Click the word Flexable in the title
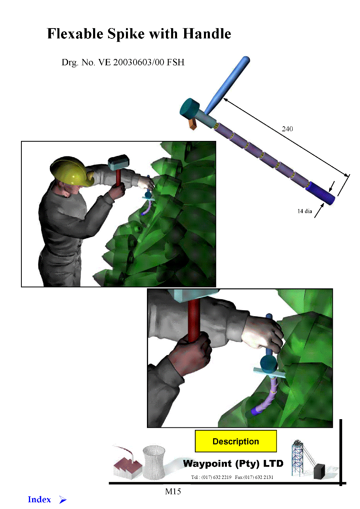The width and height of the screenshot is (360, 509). pyautogui.click(x=75, y=34)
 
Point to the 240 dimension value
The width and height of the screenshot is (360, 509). pyautogui.click(x=287, y=129)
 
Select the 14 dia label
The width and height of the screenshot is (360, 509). pyautogui.click(x=305, y=211)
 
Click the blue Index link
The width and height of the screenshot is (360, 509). pyautogui.click(x=39, y=500)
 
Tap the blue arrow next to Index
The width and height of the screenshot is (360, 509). pyautogui.click(x=63, y=500)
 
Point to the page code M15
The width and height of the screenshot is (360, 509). pyautogui.click(x=173, y=492)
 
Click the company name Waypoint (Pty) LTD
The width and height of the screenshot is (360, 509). pyautogui.click(x=233, y=463)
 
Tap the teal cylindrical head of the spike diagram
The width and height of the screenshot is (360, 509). pyautogui.click(x=189, y=107)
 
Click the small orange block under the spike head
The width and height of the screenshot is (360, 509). pyautogui.click(x=192, y=124)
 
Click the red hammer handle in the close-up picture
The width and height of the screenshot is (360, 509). pyautogui.click(x=194, y=320)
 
